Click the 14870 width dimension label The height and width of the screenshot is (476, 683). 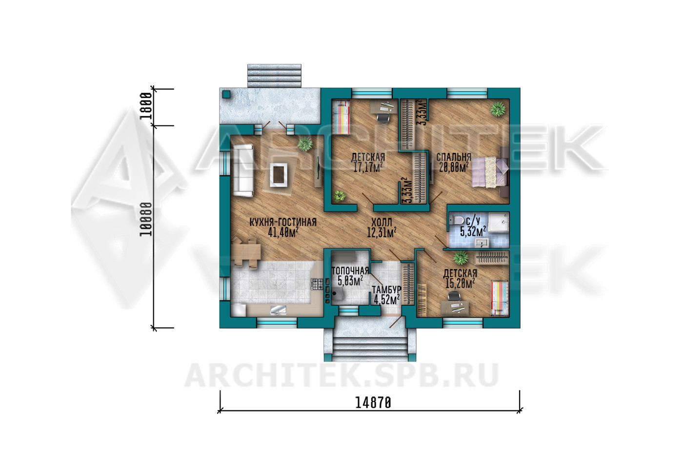(373, 403)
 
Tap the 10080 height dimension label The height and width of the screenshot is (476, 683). (146, 219)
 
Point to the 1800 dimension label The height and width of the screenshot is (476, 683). (146, 106)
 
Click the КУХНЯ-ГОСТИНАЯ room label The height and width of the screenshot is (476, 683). (283, 222)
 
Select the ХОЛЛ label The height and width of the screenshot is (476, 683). (382, 222)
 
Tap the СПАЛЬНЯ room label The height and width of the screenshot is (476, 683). (454, 157)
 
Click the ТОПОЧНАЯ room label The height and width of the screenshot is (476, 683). (350, 270)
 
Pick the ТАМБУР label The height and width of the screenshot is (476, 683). (386, 289)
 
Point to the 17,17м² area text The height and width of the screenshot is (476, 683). (368, 167)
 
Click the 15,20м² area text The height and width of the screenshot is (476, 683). (460, 283)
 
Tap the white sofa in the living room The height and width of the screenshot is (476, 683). (243, 170)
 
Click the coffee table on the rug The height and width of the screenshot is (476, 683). (278, 175)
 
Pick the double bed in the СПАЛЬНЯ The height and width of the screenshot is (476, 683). (490, 172)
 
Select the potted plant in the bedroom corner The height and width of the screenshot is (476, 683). (498, 109)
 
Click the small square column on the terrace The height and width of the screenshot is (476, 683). (226, 94)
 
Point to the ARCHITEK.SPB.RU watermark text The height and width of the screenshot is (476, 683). (341, 375)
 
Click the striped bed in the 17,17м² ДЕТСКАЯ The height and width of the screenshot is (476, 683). (341, 117)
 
